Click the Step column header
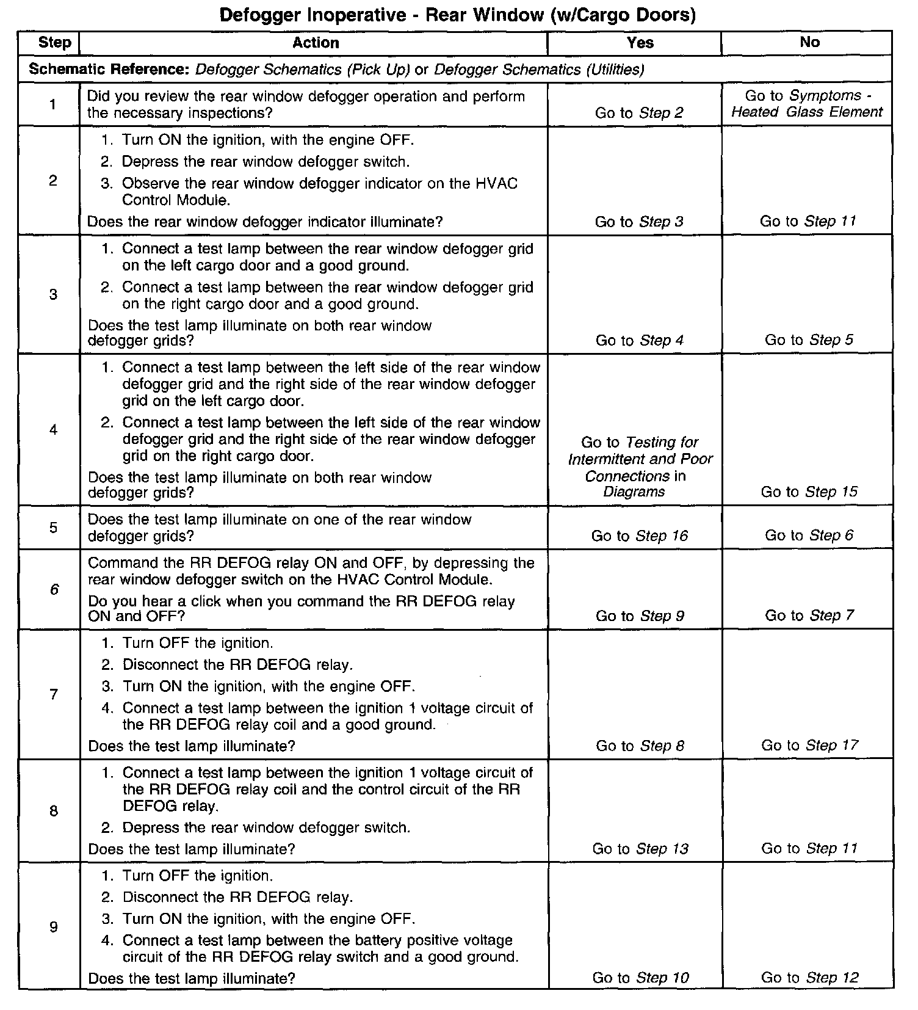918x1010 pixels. pos(54,43)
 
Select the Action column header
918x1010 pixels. pos(315,43)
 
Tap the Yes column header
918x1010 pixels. pos(640,43)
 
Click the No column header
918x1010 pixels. pos(809,42)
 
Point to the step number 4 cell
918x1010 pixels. pos(54,430)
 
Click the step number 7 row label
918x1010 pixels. pos(54,694)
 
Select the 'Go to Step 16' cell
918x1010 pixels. pos(639,536)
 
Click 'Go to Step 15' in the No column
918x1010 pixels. pos(809,492)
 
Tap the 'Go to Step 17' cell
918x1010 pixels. pos(809,745)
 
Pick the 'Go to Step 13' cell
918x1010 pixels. pos(640,849)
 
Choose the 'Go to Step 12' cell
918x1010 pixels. pos(809,978)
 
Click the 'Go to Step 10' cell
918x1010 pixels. pos(640,978)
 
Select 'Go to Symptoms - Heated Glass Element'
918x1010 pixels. pos(808,104)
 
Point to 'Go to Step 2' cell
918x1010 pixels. pos(639,113)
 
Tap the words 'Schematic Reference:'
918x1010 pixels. pos(110,70)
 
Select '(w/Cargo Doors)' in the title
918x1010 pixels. pos(622,15)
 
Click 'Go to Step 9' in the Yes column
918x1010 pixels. pos(640,616)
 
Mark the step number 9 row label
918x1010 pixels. pos(54,928)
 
